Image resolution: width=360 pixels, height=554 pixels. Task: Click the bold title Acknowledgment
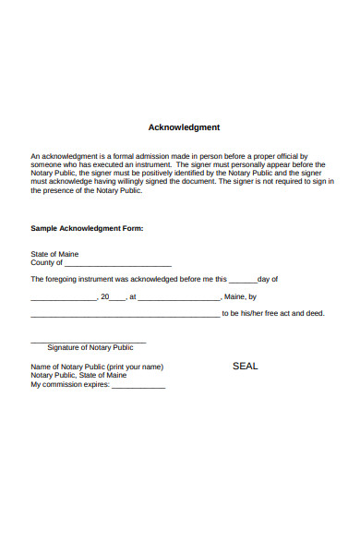pyautogui.click(x=184, y=127)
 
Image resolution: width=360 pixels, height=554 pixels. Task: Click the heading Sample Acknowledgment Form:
pyautogui.click(x=87, y=227)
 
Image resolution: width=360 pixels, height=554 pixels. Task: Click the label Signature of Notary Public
pyautogui.click(x=90, y=348)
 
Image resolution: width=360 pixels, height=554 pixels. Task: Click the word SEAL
pyautogui.click(x=245, y=367)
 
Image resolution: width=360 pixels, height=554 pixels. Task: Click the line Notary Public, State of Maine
pyautogui.click(x=78, y=376)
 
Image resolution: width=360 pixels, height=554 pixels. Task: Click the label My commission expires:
pyautogui.click(x=70, y=385)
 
